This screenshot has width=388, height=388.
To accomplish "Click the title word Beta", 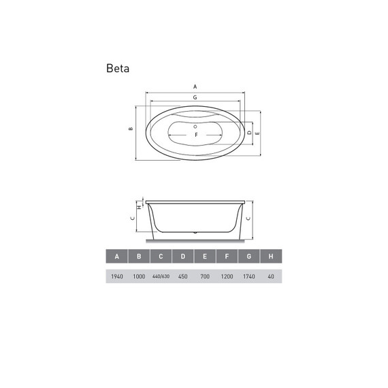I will tap(118, 69).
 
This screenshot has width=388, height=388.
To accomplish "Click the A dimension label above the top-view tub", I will tap(195, 87).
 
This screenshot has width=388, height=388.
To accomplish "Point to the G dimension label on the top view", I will tap(195, 98).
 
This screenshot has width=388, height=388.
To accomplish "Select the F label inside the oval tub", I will tap(196, 134).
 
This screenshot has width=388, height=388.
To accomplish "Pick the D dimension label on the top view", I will tap(250, 132).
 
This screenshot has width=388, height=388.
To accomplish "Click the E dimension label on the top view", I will tap(257, 134).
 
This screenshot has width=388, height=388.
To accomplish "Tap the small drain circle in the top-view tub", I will tap(195, 125).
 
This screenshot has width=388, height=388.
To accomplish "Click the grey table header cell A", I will tap(117, 257).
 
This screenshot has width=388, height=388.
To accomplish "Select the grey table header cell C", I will tap(161, 257).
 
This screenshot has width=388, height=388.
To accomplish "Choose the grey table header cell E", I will tap(205, 257).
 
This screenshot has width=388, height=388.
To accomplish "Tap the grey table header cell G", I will tap(249, 257).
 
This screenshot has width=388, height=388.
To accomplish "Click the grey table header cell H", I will tap(271, 257).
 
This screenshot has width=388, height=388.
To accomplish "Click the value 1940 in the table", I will tap(117, 276).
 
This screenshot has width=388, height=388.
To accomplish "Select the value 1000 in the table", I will tap(139, 276).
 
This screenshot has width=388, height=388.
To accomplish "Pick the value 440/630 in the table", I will tap(161, 276).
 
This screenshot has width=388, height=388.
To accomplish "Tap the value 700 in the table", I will tap(205, 276).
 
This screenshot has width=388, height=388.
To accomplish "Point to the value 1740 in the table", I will tap(249, 276).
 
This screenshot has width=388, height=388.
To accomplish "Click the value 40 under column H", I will tap(271, 276).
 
